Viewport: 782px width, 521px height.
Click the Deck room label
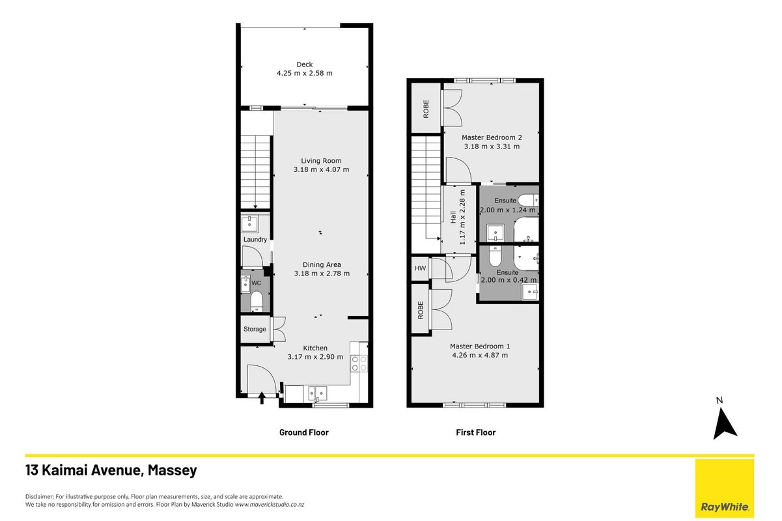point(305,64)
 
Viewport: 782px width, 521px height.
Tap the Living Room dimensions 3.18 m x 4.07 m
point(321,170)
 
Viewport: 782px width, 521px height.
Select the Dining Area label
point(322,264)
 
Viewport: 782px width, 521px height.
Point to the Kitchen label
point(315,348)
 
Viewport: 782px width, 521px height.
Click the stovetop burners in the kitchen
point(359,363)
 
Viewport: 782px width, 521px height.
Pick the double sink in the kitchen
point(317,393)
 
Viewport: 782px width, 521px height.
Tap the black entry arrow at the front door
point(262,398)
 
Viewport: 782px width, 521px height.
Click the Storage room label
point(255,329)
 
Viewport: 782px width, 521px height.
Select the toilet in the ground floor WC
point(257,301)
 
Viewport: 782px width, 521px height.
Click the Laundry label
point(255,240)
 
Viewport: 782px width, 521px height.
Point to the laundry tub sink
point(249,224)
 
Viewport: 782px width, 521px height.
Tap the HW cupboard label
point(421,268)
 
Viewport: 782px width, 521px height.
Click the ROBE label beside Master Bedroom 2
point(426,109)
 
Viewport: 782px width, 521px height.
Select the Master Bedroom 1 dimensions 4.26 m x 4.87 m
point(480,356)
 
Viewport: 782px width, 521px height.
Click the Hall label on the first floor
point(453,218)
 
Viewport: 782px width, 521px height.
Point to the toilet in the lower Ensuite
point(495,255)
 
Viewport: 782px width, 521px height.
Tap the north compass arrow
point(724,423)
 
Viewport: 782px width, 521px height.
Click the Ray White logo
point(725,488)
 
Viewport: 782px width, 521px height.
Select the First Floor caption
point(475,432)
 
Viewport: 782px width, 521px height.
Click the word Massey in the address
point(173,470)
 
